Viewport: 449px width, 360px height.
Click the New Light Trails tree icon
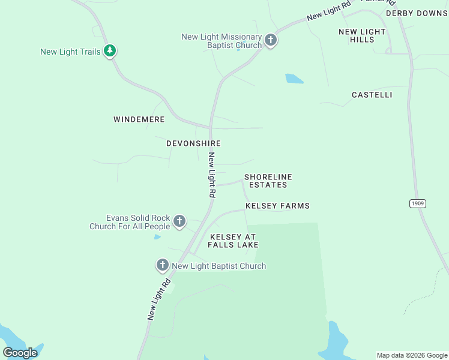[x=109, y=51]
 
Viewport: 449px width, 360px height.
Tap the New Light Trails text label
[x=70, y=52]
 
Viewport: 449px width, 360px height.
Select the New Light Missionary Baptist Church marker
[x=271, y=40]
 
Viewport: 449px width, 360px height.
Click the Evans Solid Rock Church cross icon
[x=179, y=221]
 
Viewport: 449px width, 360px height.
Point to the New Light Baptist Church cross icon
[x=162, y=265]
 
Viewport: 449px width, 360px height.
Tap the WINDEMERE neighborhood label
[x=139, y=120]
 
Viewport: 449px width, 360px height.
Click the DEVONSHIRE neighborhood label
[x=193, y=144]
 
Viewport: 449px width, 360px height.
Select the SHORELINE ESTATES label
[x=268, y=181]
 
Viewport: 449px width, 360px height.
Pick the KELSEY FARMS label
[x=277, y=206]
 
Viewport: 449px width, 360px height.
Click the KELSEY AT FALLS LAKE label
[x=233, y=241]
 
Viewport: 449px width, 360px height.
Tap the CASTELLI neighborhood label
[x=372, y=95]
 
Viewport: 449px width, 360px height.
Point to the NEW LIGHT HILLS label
[x=362, y=35]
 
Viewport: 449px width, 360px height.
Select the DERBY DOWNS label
[x=417, y=13]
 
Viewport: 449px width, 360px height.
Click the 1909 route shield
[x=418, y=204]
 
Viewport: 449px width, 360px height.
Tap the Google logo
[x=20, y=353]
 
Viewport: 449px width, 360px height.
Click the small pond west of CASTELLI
[x=294, y=79]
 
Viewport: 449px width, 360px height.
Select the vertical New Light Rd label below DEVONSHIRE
[x=211, y=175]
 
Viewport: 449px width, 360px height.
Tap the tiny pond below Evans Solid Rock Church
[x=157, y=237]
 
